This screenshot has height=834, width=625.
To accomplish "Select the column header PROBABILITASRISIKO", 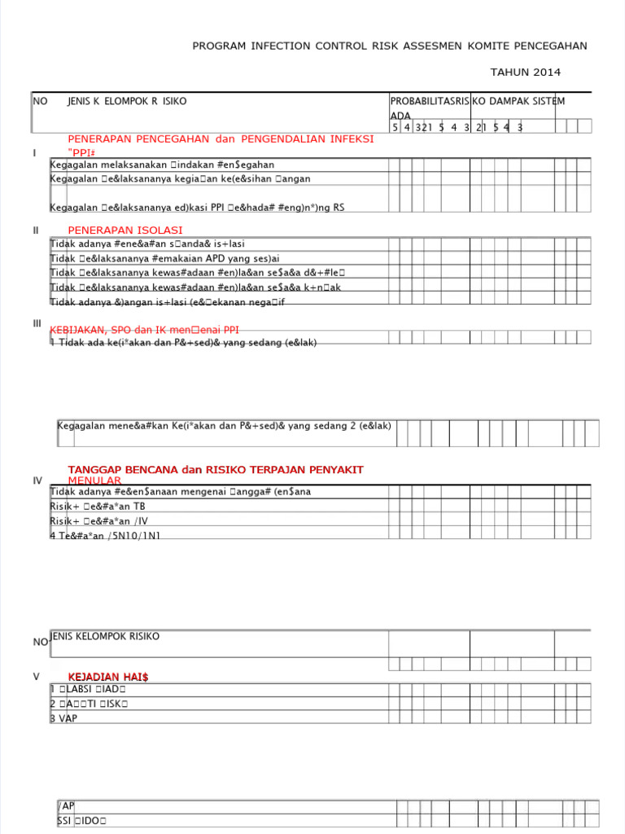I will (x=437, y=101).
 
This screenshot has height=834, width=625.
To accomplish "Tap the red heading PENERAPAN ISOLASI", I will (x=125, y=230).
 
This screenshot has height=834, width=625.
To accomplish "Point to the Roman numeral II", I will (x=36, y=230).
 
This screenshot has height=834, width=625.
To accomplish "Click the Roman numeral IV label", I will (x=37, y=481).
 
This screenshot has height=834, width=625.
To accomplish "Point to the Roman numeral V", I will (x=36, y=677).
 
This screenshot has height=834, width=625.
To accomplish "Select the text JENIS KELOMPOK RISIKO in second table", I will (x=105, y=636).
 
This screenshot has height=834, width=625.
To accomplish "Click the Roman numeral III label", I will (x=37, y=324).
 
